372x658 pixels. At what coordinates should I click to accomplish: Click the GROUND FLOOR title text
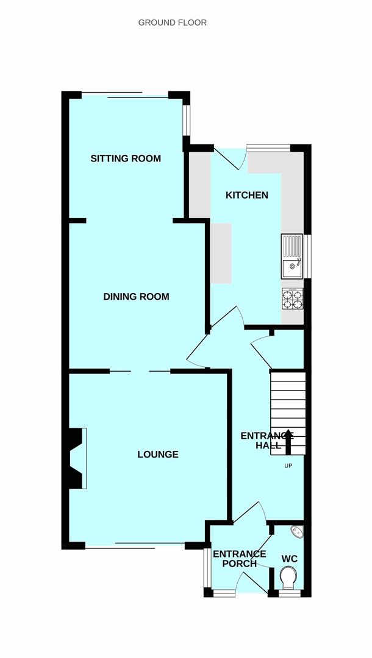(x=173, y=23)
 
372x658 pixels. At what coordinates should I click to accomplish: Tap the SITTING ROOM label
(x=126, y=158)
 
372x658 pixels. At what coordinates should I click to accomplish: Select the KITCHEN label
(x=247, y=195)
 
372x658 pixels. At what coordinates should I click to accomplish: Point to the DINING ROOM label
(x=136, y=297)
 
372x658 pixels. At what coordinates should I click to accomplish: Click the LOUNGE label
(x=158, y=454)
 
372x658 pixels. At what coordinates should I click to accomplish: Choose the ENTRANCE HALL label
(x=267, y=440)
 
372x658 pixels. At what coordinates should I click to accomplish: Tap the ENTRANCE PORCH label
(x=239, y=559)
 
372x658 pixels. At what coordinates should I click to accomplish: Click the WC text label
(x=290, y=559)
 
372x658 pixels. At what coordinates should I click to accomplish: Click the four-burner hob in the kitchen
(x=292, y=299)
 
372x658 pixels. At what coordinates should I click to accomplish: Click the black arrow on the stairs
(x=288, y=442)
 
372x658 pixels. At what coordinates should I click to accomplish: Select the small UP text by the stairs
(x=288, y=466)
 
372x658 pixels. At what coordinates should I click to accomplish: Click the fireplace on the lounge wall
(x=77, y=458)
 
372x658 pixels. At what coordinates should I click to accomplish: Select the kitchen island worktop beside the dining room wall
(x=221, y=253)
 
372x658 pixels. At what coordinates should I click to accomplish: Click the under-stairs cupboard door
(x=262, y=352)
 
